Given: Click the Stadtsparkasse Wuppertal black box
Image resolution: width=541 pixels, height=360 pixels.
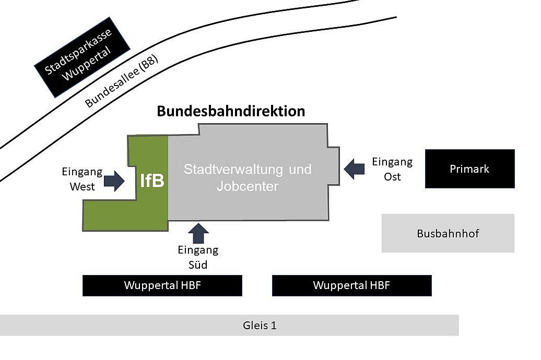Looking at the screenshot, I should coord(82,57).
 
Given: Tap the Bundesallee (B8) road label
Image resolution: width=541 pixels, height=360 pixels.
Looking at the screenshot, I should coord(121,80).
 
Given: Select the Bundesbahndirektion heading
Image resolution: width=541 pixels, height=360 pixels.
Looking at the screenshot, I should coord(231,111).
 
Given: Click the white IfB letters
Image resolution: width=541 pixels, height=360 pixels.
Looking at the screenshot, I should coord(152,181).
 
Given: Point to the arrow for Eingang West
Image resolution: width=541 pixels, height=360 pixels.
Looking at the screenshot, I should coord(114,182).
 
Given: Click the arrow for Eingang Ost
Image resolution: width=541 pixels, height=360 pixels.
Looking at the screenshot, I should coord(355,169).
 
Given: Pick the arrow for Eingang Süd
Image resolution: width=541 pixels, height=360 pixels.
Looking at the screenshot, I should coord(198,233).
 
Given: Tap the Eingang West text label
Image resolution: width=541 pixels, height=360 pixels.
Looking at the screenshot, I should coord(82,179).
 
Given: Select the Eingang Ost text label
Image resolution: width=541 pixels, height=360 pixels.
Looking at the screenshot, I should coord(392,169).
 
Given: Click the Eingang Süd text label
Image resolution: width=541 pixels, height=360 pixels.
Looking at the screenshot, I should coord(198,257).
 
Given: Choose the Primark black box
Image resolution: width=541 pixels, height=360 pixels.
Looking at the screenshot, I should coord(469,169).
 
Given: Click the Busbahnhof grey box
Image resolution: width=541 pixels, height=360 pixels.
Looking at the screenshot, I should coord(448,233).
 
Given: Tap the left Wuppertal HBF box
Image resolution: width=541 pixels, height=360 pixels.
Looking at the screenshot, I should coord(162,285).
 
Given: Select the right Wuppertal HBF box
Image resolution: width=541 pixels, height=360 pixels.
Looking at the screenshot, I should coord(351,285).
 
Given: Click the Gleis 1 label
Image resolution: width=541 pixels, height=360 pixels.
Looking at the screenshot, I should coord(260,326).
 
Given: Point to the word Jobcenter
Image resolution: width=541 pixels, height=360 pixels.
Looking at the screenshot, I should coord(248,186).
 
